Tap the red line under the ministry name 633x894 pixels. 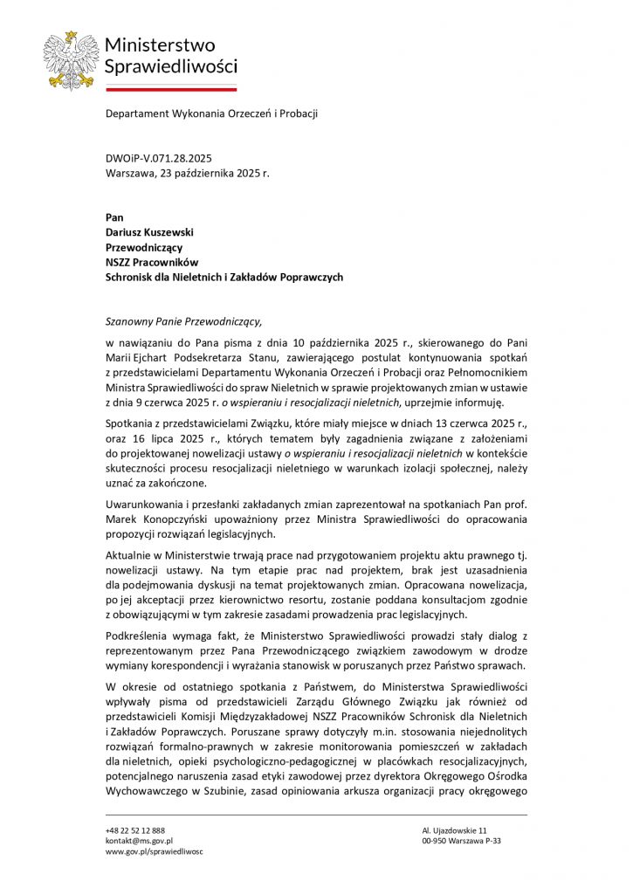coord(170,88)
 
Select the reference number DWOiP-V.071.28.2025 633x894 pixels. coord(158,159)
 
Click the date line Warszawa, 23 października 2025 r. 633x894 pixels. coord(187,173)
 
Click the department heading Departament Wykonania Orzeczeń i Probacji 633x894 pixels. coord(211,113)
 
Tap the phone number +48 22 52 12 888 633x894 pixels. coord(135,829)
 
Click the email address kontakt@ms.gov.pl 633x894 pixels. coord(139,841)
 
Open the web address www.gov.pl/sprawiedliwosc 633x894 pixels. coord(154,851)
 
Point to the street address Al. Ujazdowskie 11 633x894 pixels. coord(454,829)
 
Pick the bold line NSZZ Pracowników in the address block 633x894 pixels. coord(152,262)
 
